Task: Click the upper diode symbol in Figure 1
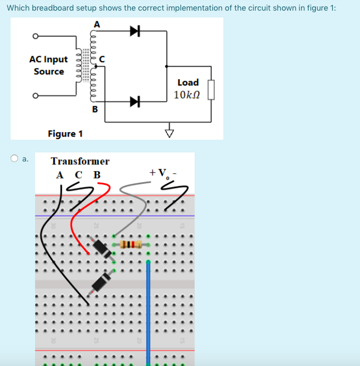135,32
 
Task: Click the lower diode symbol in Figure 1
135,100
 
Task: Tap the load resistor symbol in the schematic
211,90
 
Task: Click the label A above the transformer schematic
96,24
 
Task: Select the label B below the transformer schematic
95,109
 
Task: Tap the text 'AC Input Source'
48,65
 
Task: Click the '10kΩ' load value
186,95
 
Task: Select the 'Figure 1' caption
65,133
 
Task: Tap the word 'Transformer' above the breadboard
80,161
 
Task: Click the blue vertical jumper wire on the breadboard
148,308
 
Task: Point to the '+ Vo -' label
163,173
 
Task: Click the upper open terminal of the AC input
35,37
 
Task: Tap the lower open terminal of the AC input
35,96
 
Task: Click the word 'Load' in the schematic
188,82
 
